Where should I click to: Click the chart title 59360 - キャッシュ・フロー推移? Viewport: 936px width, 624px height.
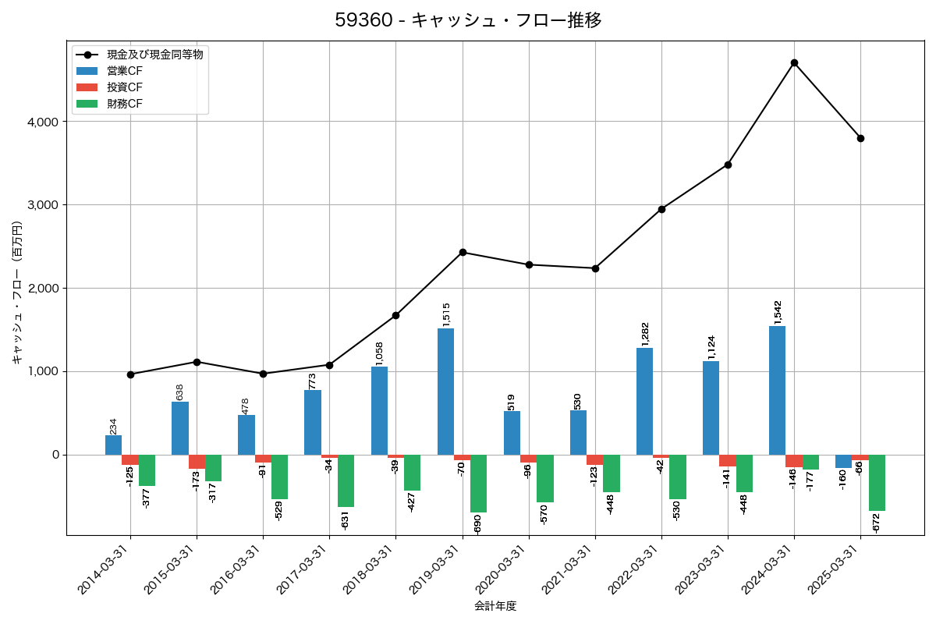[468, 20]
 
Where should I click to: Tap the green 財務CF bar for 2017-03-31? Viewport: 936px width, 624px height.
[346, 480]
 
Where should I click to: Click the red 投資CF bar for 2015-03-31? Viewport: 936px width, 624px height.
[197, 462]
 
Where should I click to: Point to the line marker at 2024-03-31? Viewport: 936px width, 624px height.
[794, 62]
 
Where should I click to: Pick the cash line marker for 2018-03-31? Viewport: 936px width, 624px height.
[395, 315]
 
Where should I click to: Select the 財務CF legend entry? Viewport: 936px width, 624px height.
[125, 103]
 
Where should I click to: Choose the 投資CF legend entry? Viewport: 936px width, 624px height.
[125, 87]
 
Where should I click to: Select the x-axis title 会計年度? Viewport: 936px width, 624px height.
[495, 606]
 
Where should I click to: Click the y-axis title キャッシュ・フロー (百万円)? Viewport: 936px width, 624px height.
[17, 292]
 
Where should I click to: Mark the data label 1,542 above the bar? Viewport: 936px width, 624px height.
[777, 312]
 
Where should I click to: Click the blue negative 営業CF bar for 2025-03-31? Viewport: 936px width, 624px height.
[843, 461]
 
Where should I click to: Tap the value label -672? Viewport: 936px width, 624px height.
[877, 524]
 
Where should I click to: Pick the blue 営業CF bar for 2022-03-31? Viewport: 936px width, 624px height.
[644, 401]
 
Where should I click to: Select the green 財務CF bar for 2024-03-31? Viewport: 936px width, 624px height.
[810, 462]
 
